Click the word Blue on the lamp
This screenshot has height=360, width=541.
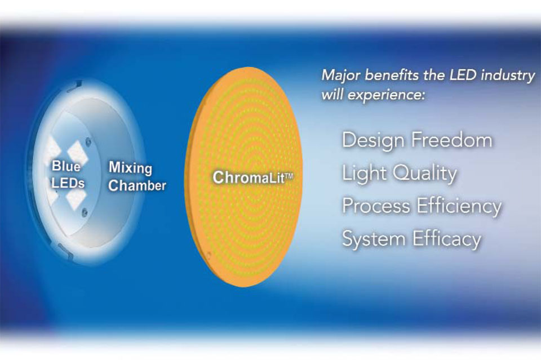pyautogui.click(x=65, y=166)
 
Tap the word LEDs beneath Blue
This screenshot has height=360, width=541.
pyautogui.click(x=68, y=183)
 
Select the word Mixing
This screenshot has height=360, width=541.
pyautogui.click(x=130, y=167)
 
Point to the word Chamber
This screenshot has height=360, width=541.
pyautogui.click(x=137, y=185)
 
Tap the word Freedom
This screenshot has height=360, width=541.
pyautogui.click(x=456, y=140)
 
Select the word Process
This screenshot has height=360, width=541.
pyautogui.click(x=376, y=206)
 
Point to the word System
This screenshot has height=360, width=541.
pyautogui.click(x=373, y=239)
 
